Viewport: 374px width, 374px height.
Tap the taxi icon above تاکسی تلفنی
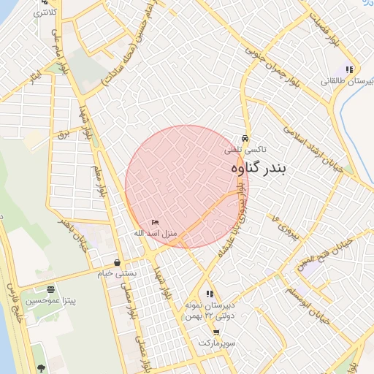(245, 138)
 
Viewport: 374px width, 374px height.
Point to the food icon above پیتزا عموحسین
(50, 290)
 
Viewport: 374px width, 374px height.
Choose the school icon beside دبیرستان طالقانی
(349, 69)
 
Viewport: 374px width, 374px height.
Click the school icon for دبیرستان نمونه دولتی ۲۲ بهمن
(210, 294)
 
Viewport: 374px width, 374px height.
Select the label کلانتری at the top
(45, 13)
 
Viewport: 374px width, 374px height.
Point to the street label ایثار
(34, 76)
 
